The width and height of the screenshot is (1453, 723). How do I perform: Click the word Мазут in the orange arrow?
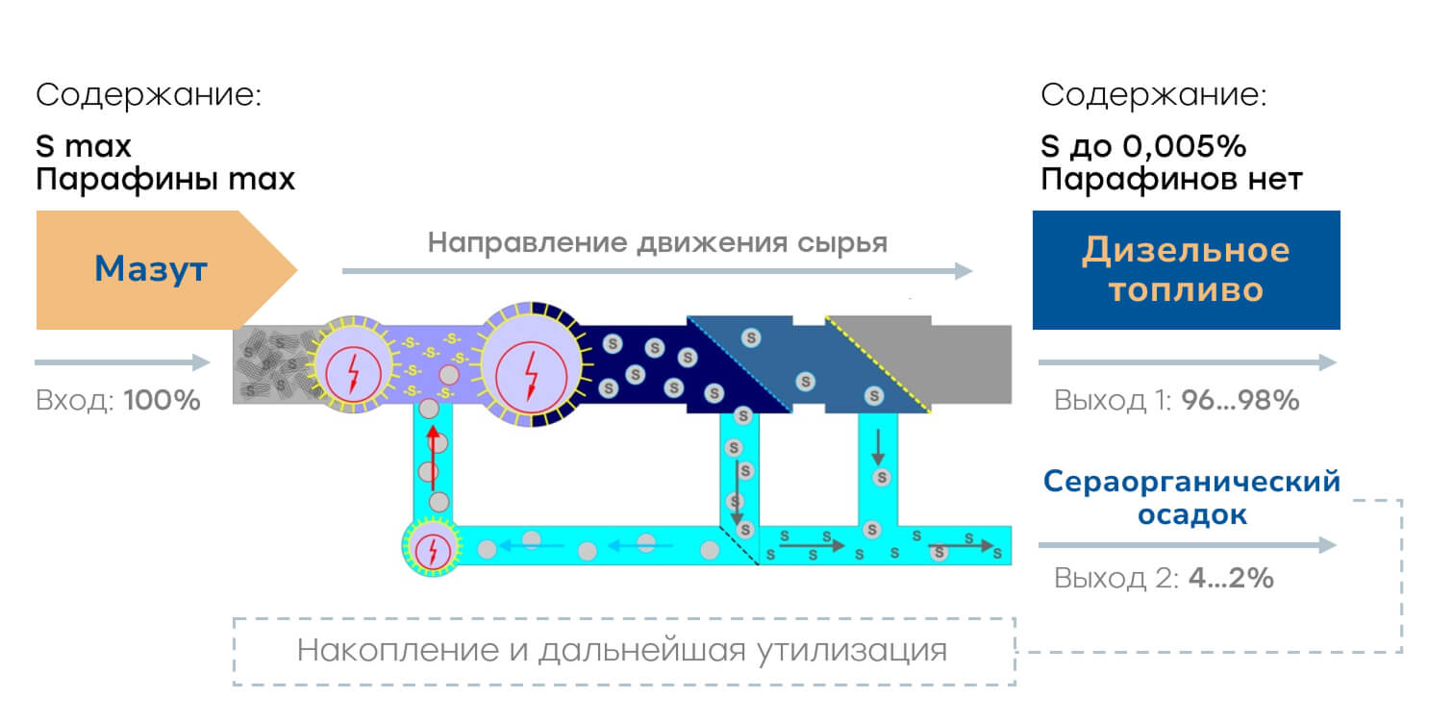click(x=151, y=269)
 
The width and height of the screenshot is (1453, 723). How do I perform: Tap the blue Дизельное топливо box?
click(x=1187, y=270)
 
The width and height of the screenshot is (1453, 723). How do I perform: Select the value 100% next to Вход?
click(x=163, y=400)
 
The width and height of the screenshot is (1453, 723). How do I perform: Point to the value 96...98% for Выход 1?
click(x=1240, y=400)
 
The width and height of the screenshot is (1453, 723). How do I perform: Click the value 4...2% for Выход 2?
click(x=1231, y=578)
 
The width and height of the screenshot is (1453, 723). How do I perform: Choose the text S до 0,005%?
click(x=1143, y=146)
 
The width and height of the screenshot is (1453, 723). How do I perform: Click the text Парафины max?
click(x=165, y=179)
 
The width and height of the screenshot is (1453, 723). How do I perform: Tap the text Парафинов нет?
click(x=1171, y=179)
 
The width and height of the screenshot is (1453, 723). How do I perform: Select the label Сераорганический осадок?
click(x=1192, y=498)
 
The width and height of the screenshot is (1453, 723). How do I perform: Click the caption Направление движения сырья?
click(x=657, y=242)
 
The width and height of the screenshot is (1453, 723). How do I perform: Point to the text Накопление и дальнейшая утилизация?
click(x=622, y=650)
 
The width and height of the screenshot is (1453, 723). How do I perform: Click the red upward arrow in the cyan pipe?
click(x=434, y=457)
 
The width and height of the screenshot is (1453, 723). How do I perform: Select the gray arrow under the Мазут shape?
click(x=122, y=362)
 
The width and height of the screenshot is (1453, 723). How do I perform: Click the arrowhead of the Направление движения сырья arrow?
click(x=964, y=271)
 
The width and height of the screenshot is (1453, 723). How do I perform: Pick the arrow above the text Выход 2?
click(x=1188, y=545)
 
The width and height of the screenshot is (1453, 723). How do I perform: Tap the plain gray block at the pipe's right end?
click(x=971, y=364)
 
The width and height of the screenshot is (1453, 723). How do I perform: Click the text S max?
click(x=84, y=146)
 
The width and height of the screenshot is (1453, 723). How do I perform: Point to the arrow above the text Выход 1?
click(x=1188, y=362)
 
